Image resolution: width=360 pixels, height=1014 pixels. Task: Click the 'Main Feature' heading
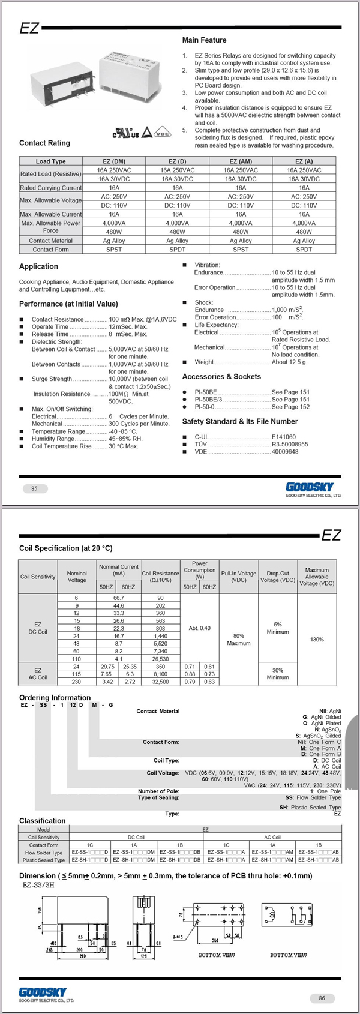click(x=204, y=40)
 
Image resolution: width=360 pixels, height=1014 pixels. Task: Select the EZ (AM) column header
click(x=241, y=161)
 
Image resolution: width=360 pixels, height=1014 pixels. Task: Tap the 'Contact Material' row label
click(x=50, y=241)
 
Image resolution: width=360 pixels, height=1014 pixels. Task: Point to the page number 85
click(x=34, y=488)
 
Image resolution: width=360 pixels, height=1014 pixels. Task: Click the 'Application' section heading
click(x=38, y=266)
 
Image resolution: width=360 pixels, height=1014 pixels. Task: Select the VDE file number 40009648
click(x=285, y=452)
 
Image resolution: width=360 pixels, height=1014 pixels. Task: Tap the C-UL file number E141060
click(x=284, y=437)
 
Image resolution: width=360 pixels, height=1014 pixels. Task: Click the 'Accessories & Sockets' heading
click(x=221, y=377)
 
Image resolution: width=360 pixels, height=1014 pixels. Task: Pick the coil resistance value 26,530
click(x=160, y=659)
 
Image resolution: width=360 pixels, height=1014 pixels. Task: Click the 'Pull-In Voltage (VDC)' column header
click(x=238, y=577)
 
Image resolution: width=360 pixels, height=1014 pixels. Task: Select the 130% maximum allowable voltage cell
click(x=317, y=640)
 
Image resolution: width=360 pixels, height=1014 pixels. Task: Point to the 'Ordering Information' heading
click(x=55, y=698)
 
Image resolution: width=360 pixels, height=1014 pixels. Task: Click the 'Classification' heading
click(x=42, y=821)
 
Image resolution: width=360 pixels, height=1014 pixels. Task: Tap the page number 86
click(x=322, y=998)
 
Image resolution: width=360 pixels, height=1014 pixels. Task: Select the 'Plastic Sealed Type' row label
click(x=44, y=860)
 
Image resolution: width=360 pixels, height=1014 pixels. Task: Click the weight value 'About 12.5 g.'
click(x=289, y=362)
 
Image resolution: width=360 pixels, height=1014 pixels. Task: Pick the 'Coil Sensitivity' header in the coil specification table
click(x=38, y=577)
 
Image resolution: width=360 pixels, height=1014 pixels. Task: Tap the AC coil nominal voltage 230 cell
click(x=76, y=682)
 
